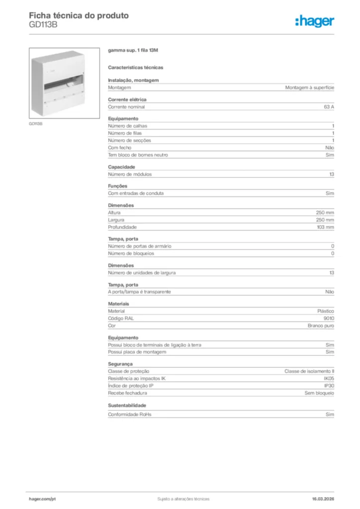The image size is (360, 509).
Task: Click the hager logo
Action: click(x=315, y=21)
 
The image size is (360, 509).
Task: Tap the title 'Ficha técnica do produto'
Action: click(x=79, y=15)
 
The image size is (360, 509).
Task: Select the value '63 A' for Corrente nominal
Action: click(x=329, y=107)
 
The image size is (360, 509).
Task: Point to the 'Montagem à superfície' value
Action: click(x=309, y=87)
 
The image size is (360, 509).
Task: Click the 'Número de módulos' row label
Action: click(x=130, y=174)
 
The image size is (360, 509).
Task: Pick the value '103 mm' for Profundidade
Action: click(x=325, y=227)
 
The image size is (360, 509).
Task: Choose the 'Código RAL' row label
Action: click(x=121, y=319)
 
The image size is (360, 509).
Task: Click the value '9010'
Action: click(x=329, y=319)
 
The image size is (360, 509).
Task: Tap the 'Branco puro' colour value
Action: click(x=321, y=326)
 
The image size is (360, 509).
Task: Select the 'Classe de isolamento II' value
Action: click(x=309, y=371)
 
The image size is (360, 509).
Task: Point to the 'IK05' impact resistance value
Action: click(x=329, y=379)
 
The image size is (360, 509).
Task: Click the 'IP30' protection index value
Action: click(x=329, y=386)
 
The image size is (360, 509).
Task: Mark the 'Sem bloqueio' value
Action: click(x=319, y=393)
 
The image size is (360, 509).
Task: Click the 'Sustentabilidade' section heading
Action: click(x=127, y=405)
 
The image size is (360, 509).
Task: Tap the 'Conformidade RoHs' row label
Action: click(x=129, y=414)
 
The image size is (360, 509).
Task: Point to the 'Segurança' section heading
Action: click(x=120, y=364)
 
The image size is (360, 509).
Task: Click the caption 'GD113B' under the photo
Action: click(x=35, y=124)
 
